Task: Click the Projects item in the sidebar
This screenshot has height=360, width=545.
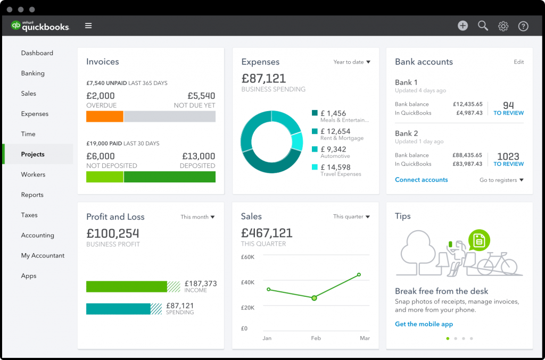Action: point(33,154)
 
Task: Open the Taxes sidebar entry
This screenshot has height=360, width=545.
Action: point(29,215)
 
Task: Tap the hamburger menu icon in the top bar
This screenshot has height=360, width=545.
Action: point(88,26)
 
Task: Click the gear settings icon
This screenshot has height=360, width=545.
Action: point(503,26)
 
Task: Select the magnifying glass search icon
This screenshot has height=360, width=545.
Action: point(483,26)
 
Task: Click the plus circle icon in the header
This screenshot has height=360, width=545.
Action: point(463,26)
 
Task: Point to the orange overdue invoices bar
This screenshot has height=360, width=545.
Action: point(105,116)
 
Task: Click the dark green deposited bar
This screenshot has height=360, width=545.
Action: point(169,177)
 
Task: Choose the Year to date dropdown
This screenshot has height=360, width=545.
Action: point(352,62)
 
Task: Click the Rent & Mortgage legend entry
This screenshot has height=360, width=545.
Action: point(341,134)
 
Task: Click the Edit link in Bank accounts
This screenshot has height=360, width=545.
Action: point(518,62)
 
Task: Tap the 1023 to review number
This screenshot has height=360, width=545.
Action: point(508,157)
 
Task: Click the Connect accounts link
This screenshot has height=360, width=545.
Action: point(421,180)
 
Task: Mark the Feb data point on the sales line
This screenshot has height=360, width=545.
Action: point(314,298)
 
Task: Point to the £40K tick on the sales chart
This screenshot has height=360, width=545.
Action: point(248,282)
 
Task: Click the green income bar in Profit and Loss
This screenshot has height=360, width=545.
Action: point(127,287)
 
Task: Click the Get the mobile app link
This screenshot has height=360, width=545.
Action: point(424,324)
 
